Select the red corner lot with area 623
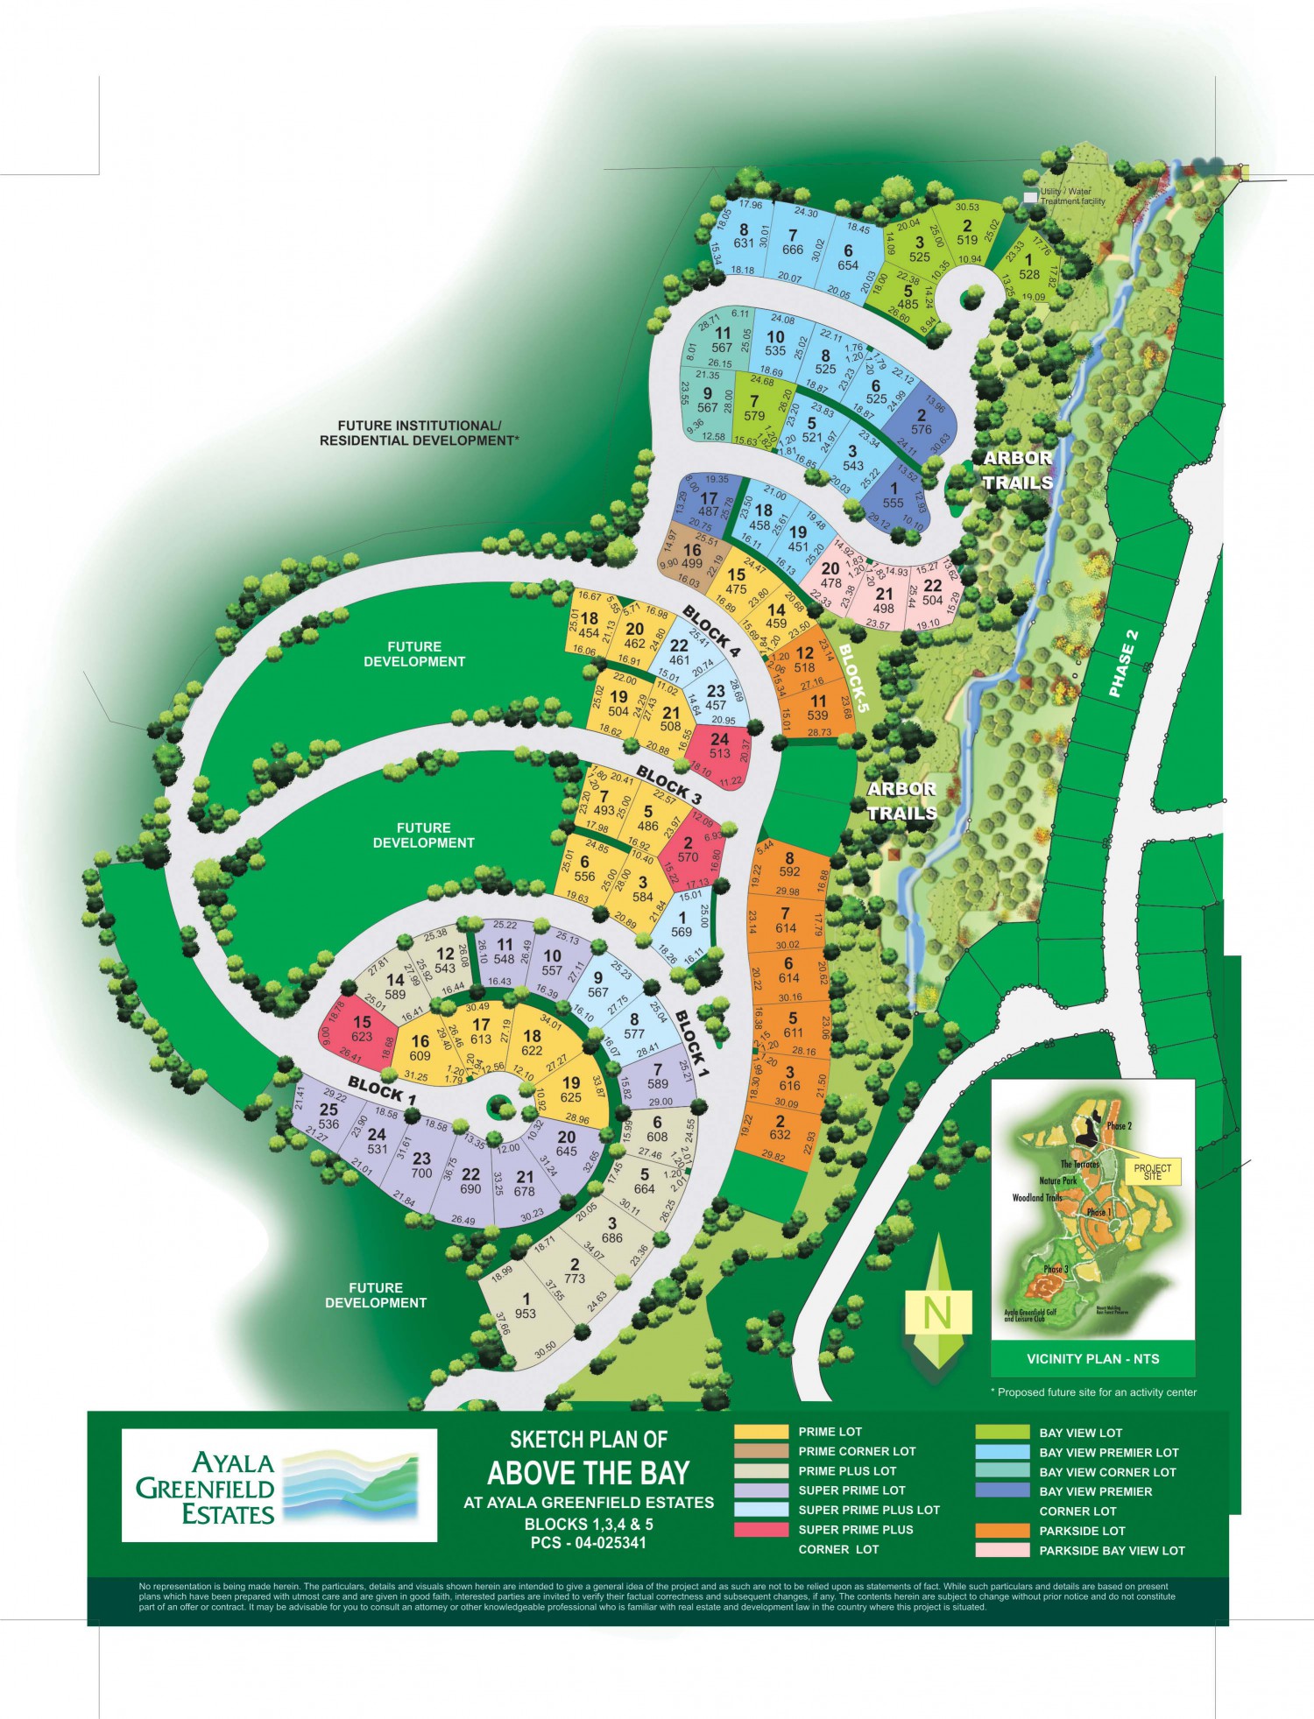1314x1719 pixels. tap(362, 1030)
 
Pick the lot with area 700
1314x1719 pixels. tap(421, 1166)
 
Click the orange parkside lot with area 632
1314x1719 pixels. tap(781, 1127)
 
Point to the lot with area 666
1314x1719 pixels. tap(792, 243)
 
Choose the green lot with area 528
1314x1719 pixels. tap(1028, 266)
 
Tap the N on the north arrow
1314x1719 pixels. tap(937, 1311)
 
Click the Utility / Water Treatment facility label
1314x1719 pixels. tap(1072, 196)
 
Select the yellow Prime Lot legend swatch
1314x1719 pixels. tap(761, 1432)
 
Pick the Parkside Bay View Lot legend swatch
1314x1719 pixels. tap(1002, 1550)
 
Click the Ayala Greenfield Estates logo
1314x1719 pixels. tap(279, 1485)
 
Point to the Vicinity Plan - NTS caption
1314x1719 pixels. tap(1092, 1359)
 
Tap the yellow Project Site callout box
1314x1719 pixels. tap(1152, 1171)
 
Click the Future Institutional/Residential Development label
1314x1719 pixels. tap(419, 433)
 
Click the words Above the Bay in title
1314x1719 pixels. tap(589, 1473)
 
